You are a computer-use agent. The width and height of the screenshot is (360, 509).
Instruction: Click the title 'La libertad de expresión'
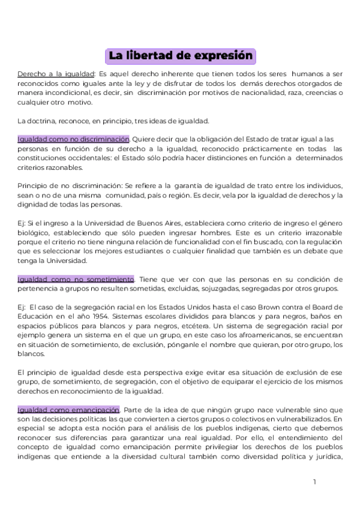tap(180, 56)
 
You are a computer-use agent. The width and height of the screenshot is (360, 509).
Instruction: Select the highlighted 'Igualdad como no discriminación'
tap(73, 139)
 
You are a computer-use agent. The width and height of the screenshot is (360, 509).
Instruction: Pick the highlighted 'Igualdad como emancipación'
tap(68, 409)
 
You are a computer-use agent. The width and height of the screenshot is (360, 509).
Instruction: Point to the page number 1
tap(314, 481)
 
